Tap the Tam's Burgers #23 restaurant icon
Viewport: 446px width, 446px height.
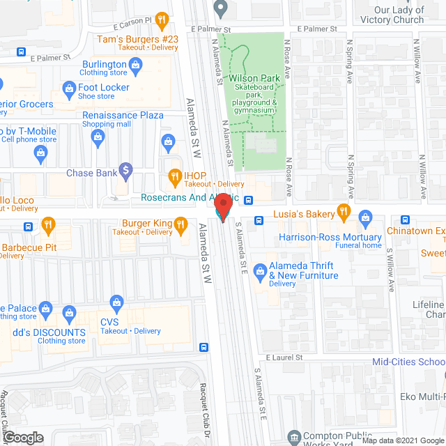(x=162, y=19)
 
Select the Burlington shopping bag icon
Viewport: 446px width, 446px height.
(x=137, y=66)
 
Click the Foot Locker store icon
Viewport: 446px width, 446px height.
(x=68, y=88)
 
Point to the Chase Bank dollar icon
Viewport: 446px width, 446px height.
(x=125, y=169)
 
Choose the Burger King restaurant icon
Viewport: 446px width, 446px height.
(x=180, y=224)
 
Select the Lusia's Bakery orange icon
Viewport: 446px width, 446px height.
(x=342, y=211)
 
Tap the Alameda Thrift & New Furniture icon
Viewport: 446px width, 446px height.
(x=259, y=269)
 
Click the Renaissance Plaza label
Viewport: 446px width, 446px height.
(x=123, y=116)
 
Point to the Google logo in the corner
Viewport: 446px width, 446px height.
(x=23, y=437)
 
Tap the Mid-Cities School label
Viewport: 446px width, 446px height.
(x=408, y=362)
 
